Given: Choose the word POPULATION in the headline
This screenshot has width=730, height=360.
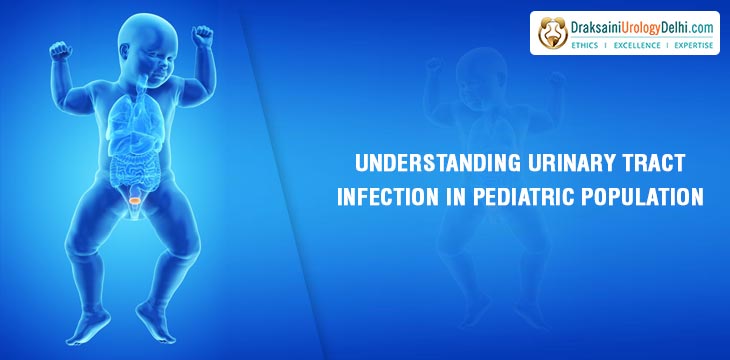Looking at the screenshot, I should [x=645, y=197].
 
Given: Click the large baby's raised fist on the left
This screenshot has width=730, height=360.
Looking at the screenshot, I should [x=59, y=49].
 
